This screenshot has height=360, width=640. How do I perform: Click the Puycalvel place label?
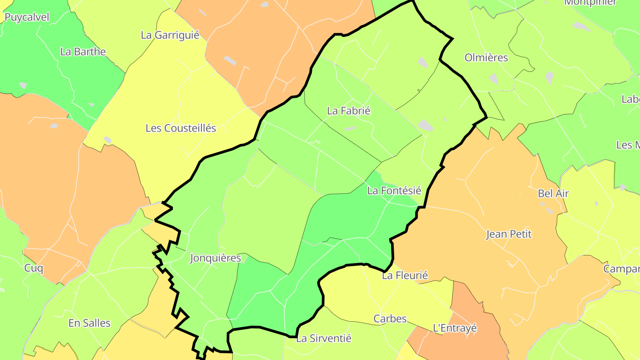click(x=27, y=17)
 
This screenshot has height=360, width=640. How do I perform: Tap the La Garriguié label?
click(x=170, y=35)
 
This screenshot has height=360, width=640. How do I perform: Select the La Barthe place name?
click(x=83, y=52)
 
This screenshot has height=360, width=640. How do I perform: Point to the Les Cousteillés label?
click(x=181, y=128)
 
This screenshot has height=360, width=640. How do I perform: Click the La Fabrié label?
click(x=348, y=111)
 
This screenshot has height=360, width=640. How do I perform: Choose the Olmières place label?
click(x=486, y=57)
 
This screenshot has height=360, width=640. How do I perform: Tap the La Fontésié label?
click(x=394, y=191)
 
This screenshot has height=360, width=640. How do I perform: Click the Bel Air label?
click(x=553, y=193)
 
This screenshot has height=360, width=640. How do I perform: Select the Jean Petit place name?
click(x=509, y=234)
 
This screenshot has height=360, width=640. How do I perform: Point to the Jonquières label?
click(x=215, y=258)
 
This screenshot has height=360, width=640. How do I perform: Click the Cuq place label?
click(x=34, y=268)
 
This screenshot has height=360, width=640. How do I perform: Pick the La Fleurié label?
click(x=405, y=276)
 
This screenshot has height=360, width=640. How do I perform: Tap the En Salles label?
click(x=89, y=323)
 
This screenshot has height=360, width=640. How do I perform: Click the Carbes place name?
click(x=390, y=319)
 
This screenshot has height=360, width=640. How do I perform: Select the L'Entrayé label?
click(x=455, y=328)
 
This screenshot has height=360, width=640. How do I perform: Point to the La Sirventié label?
click(x=324, y=338)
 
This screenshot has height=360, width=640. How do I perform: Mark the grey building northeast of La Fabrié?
click(x=423, y=63)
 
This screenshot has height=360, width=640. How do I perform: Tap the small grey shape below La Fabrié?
click(x=350, y=128)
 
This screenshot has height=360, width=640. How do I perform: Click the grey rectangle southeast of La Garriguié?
click(x=230, y=60)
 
